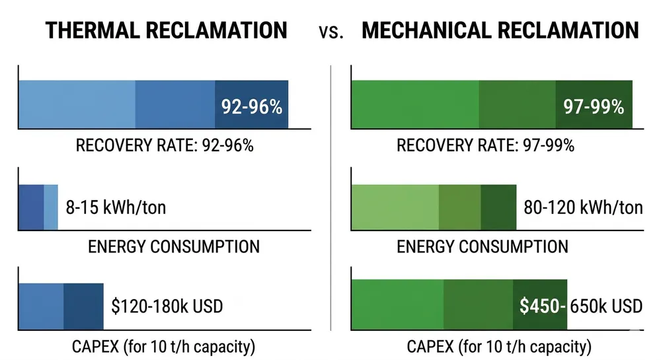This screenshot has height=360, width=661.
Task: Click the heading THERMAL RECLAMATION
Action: (165, 30)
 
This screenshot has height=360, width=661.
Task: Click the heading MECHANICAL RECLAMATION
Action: (500, 30)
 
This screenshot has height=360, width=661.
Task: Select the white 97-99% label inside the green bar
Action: (593, 106)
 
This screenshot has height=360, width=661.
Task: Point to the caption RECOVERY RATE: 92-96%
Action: (165, 145)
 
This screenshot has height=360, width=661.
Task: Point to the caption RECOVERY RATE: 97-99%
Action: (485, 145)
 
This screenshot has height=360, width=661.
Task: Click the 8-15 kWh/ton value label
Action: (116, 208)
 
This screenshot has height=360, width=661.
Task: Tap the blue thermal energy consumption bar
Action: (38, 207)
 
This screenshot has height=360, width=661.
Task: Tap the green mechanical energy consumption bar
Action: (434, 207)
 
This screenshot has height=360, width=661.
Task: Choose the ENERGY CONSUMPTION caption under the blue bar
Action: (173, 247)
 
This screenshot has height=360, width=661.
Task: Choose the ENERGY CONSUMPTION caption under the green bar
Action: (482, 247)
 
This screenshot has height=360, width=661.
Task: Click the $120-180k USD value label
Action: (167, 306)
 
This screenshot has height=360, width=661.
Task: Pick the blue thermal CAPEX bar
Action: (61, 306)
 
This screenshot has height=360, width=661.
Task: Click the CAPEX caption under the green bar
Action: (499, 346)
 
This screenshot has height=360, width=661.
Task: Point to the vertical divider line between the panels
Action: (330, 198)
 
